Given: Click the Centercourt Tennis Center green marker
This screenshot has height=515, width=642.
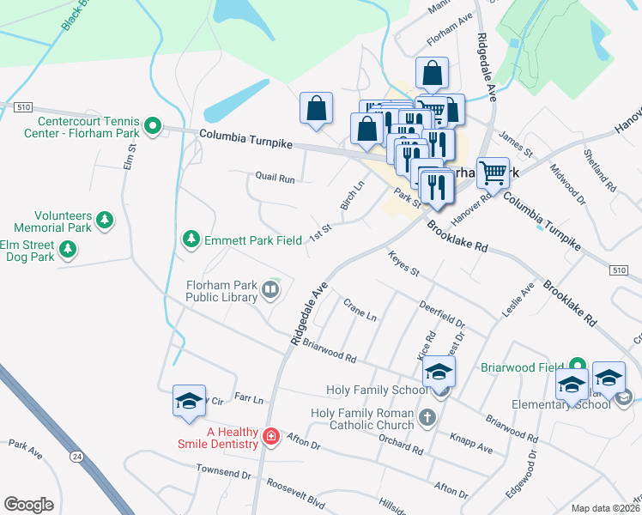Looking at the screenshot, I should click(x=153, y=127).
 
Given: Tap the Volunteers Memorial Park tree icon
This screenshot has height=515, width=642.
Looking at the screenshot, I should click(x=105, y=220).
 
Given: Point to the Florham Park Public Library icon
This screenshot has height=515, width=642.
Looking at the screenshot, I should click(x=271, y=289).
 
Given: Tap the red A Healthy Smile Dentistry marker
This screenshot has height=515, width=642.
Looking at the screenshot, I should click(x=271, y=437).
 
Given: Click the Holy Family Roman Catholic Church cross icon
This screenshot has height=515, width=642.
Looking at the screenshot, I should click(x=427, y=420).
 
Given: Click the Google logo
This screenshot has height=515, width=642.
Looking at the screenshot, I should click(x=29, y=505).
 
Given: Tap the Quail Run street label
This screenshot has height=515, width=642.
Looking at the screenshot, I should click(x=275, y=179).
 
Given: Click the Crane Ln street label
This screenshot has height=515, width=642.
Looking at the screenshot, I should click(x=360, y=310).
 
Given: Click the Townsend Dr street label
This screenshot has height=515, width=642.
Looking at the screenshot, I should click(x=223, y=473).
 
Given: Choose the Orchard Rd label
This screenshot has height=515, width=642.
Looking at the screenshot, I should click(x=401, y=444).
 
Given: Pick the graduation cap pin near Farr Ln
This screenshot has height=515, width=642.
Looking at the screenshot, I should click(x=189, y=401).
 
